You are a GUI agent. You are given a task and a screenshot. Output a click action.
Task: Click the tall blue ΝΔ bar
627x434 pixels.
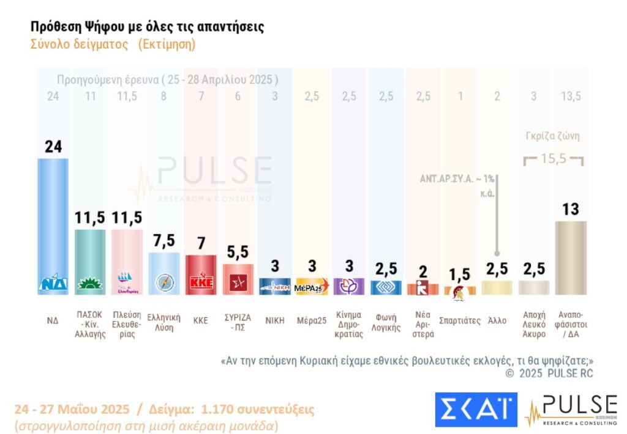pos(53,220)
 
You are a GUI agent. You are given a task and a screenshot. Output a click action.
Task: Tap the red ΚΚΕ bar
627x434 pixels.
pos(201,272)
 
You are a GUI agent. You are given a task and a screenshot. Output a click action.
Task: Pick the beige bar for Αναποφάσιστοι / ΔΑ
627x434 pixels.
pos(570,257)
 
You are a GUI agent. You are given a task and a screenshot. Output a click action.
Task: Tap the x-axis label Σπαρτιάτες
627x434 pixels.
pos(460,320)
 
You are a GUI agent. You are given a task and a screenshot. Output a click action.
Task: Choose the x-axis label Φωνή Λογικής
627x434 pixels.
pos(386,325)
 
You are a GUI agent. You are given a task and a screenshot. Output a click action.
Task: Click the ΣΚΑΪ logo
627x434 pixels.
pos(475,409)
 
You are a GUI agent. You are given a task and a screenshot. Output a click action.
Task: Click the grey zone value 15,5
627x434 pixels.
pos(554,160)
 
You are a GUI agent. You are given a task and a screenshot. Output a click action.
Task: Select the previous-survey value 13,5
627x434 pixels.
pos(570,95)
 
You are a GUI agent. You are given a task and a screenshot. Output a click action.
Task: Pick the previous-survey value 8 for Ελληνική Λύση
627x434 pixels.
pos(163,95)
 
